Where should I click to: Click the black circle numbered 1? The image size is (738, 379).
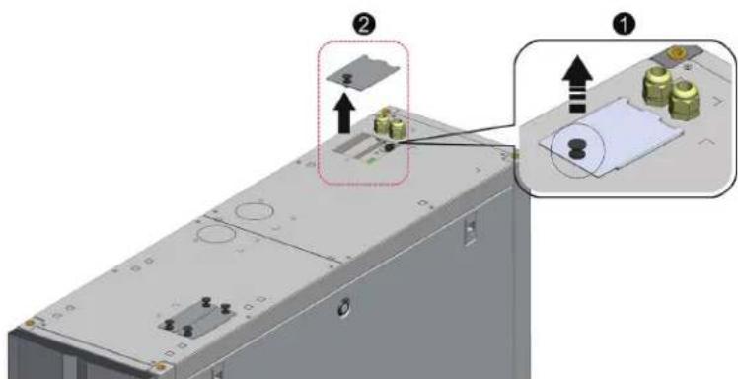pyautogui.click(x=624, y=25)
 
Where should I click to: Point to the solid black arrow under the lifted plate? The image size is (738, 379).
pyautogui.click(x=344, y=113)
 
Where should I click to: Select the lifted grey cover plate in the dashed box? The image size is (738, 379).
pyautogui.click(x=363, y=73)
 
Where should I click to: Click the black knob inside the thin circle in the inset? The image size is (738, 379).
pyautogui.click(x=575, y=149)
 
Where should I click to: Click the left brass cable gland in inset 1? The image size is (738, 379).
pyautogui.click(x=655, y=85)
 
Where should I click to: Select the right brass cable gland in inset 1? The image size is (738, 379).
pyautogui.click(x=684, y=100)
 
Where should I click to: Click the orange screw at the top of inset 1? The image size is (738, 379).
pyautogui.click(x=677, y=53)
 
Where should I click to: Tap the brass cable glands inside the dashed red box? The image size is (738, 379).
pyautogui.click(x=389, y=123)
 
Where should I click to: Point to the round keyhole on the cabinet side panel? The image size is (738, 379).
pyautogui.click(x=344, y=308)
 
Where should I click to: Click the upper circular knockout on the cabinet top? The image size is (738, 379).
pyautogui.click(x=254, y=210)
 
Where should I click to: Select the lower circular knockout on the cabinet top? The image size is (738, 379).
pyautogui.click(x=216, y=234)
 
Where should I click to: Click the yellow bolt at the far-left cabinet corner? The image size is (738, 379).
pyautogui.click(x=30, y=323)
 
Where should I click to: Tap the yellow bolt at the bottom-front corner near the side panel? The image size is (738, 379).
pyautogui.click(x=161, y=367)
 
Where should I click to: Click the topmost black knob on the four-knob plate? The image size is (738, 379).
pyautogui.click(x=205, y=301)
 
